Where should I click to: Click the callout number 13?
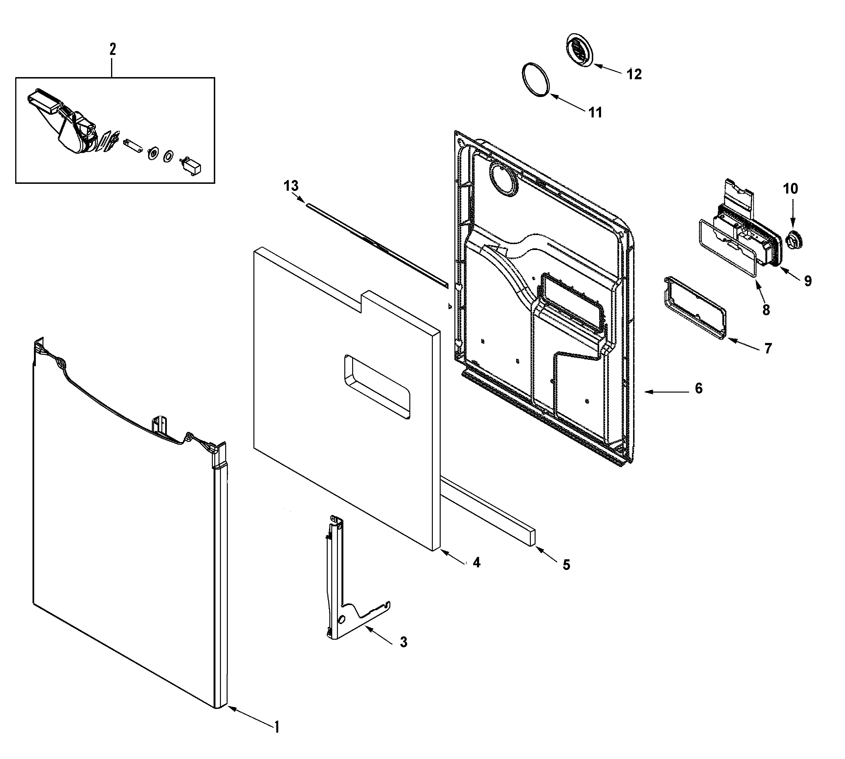click(x=291, y=186)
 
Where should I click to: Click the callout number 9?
click(x=808, y=281)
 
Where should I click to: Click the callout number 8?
click(x=766, y=310)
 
